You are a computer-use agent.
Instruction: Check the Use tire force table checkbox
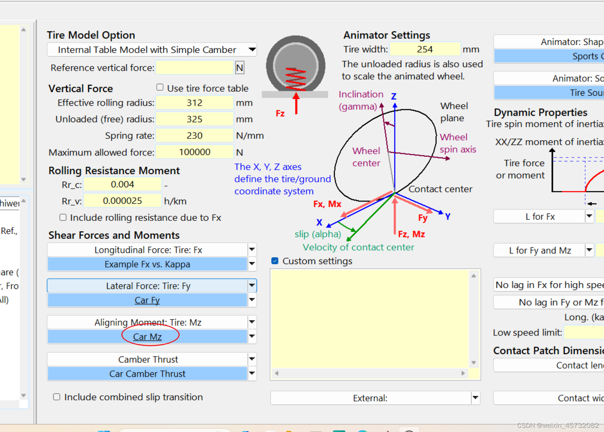click(x=160, y=88)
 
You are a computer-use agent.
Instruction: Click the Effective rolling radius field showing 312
click(x=195, y=103)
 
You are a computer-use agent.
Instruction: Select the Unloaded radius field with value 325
click(x=195, y=119)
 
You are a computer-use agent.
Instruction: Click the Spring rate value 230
click(x=195, y=136)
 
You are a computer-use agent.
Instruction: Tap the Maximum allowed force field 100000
click(x=195, y=152)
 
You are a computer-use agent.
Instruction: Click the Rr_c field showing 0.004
click(x=122, y=184)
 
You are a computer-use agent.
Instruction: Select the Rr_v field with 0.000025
click(x=122, y=201)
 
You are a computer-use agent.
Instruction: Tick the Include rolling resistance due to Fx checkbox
click(x=63, y=217)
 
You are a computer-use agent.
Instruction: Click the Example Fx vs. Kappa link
click(x=147, y=264)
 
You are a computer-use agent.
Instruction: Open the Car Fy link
click(x=147, y=300)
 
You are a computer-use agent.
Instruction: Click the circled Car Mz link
click(x=147, y=337)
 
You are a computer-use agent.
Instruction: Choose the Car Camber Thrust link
click(x=147, y=374)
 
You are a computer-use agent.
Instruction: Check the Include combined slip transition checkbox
click(x=56, y=397)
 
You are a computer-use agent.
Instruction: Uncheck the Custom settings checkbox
click(x=275, y=261)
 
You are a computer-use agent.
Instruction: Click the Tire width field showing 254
click(x=425, y=49)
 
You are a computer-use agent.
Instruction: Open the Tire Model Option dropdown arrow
click(x=252, y=49)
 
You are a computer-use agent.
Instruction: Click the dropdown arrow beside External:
click(x=476, y=398)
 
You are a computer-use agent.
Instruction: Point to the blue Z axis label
click(x=394, y=96)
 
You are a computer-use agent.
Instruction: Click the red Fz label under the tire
click(x=280, y=114)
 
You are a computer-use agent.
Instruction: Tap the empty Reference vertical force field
click(x=195, y=68)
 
